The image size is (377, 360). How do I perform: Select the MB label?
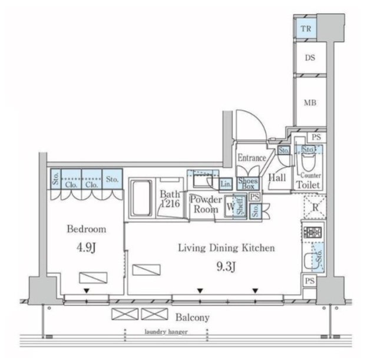[x=310, y=103]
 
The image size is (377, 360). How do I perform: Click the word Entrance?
[x=252, y=158]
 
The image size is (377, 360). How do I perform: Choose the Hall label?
[x=277, y=177]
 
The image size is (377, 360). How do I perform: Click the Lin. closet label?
[x=226, y=183]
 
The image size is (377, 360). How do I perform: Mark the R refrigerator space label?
[x=315, y=207]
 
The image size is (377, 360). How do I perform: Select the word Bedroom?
[x=86, y=229]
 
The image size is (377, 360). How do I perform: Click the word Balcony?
[x=191, y=318]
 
